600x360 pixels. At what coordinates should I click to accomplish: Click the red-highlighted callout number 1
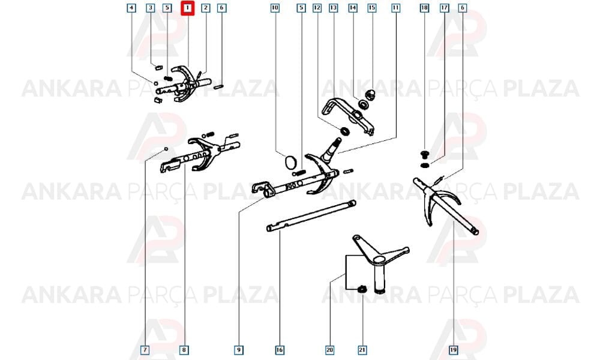[x=187, y=8]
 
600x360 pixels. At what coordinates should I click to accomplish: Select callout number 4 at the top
[x=131, y=8]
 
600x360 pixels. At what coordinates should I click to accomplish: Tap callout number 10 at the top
[x=275, y=8]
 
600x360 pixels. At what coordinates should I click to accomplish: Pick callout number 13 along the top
[x=333, y=8]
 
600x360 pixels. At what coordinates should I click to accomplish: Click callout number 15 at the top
[x=371, y=8]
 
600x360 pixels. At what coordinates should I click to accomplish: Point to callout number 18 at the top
[x=424, y=8]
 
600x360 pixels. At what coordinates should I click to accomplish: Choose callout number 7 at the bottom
[x=145, y=350]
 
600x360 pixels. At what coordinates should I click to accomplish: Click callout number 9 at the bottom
[x=238, y=350]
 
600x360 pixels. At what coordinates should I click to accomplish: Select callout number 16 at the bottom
[x=280, y=350]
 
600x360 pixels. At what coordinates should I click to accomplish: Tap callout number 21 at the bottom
[x=362, y=350]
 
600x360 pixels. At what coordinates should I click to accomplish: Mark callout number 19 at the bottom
[x=453, y=350]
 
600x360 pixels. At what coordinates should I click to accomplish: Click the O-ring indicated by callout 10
[x=291, y=161]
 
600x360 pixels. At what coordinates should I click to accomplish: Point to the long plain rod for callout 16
[x=311, y=216]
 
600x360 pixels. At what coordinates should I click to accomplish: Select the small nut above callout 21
[x=361, y=290]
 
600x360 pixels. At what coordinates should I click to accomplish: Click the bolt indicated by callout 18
[x=424, y=155]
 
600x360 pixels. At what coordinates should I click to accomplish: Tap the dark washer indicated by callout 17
[x=424, y=165]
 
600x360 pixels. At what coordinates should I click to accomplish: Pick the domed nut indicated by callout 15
[x=370, y=94]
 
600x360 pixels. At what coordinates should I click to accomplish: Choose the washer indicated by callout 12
[x=345, y=131]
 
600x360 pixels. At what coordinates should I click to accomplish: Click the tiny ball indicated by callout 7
[x=166, y=148]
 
